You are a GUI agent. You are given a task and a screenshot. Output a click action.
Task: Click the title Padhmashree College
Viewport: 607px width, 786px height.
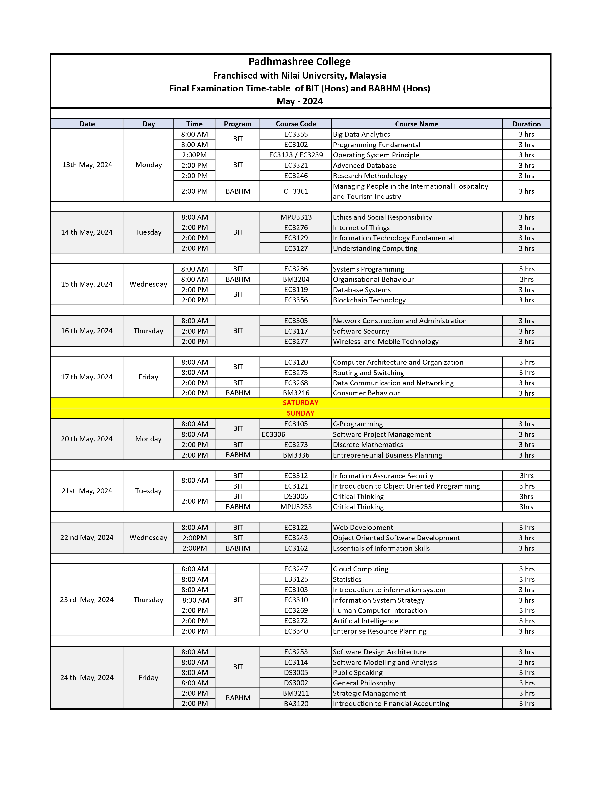pos(299,62)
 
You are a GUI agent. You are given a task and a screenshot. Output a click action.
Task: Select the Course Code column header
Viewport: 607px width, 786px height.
pos(296,124)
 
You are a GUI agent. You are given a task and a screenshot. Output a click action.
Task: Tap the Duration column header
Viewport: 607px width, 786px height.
pos(526,124)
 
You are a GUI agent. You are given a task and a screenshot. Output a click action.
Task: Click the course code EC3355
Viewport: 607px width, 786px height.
pos(296,134)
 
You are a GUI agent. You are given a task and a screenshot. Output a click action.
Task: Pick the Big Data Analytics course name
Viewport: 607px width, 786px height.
pos(361,134)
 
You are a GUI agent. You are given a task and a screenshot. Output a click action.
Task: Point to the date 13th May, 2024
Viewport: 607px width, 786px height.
pos(87,165)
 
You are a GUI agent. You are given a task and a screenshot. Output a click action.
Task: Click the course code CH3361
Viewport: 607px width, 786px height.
pos(296,191)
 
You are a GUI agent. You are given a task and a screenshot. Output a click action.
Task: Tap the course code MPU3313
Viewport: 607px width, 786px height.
pos(296,217)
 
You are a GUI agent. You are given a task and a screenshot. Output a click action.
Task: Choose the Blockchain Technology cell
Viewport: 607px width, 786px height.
pos(369,300)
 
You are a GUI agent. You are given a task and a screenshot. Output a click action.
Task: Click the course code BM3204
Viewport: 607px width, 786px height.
pos(296,279)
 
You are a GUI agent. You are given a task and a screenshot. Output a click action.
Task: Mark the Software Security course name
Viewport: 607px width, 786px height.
pos(361,331)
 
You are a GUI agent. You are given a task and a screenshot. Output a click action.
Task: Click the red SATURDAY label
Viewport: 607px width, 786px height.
pos(300,403)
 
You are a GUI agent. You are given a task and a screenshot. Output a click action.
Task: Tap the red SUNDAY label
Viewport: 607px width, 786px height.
pos(300,413)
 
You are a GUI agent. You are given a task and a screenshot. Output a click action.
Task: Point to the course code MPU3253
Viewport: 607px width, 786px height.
pos(296,507)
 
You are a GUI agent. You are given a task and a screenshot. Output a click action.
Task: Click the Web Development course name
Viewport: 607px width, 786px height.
pos(363,528)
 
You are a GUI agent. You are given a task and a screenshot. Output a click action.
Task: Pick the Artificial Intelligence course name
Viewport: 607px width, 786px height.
pos(365,621)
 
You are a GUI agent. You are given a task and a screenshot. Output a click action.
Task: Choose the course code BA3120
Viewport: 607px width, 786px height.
pos(296,704)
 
